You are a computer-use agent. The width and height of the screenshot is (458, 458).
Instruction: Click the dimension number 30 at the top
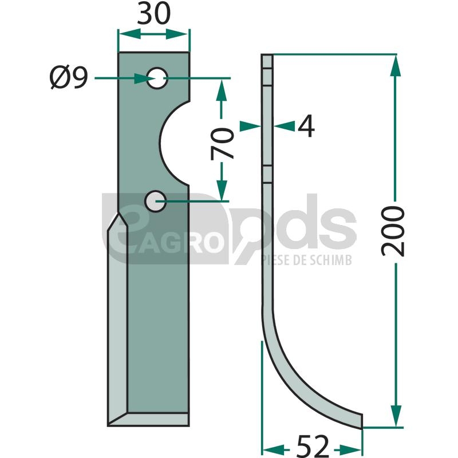153,14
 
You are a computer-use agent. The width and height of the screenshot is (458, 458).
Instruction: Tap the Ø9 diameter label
69,77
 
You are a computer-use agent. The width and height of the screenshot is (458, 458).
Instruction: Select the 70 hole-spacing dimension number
222,144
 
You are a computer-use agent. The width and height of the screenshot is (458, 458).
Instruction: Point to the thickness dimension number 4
306,126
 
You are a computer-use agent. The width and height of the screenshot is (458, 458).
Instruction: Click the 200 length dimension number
393,231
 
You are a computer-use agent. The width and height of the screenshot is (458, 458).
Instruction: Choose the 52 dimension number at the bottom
313,446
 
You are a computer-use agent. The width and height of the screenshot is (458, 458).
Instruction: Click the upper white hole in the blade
157,78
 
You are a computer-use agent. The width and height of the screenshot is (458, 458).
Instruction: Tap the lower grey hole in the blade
155,202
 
